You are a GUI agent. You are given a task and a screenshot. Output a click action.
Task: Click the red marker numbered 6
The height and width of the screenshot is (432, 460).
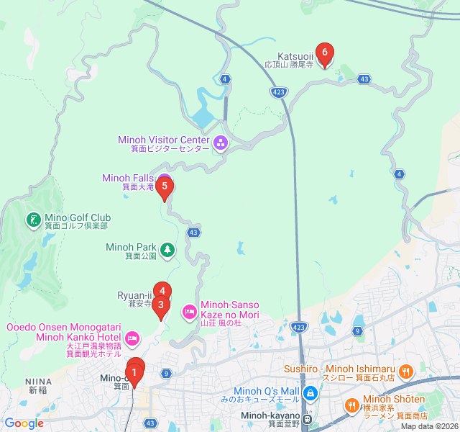(x=325, y=53)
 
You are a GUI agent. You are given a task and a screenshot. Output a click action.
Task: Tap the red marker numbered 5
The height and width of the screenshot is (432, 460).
(x=165, y=187)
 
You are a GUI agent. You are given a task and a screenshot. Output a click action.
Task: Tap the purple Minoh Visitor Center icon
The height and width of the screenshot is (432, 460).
(x=220, y=143)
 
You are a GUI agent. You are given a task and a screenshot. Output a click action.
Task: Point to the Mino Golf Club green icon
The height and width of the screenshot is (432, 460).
(x=33, y=220)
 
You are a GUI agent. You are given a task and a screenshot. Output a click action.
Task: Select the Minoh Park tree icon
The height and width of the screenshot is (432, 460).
(x=167, y=250)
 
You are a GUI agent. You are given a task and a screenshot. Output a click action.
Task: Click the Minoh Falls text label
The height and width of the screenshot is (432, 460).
(x=126, y=178)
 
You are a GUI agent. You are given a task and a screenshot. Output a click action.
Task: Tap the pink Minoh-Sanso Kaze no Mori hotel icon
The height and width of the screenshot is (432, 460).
(x=189, y=311)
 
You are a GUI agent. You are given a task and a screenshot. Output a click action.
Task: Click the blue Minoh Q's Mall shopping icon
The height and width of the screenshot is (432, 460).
(x=310, y=393)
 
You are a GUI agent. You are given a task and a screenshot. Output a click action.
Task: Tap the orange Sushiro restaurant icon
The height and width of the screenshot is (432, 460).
(x=406, y=372)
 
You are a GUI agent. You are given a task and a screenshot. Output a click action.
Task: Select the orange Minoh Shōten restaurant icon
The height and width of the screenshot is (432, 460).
(x=351, y=405)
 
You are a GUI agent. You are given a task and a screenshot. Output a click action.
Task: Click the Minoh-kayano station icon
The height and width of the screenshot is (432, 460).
(x=307, y=419)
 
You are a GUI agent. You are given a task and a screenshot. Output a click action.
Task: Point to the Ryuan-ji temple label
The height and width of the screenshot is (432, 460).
(x=134, y=295)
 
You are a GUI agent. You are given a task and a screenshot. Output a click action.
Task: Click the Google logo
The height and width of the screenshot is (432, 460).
(x=24, y=423)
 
